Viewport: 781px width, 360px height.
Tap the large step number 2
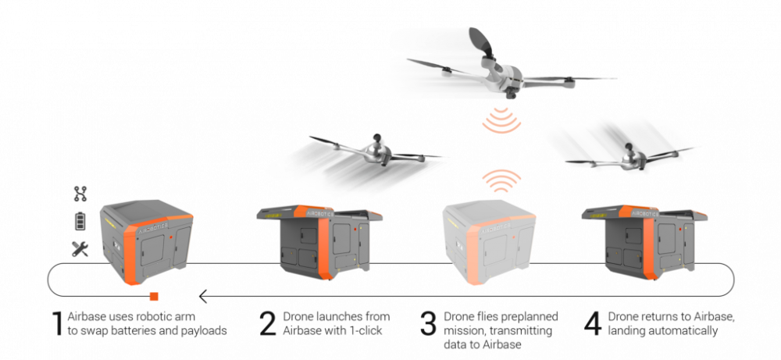[x=268, y=323]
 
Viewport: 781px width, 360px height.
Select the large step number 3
[x=428, y=323]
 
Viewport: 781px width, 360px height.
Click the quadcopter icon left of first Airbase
[x=80, y=193]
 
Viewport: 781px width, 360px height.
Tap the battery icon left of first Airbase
[x=80, y=221]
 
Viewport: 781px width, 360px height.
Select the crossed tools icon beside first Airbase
[x=80, y=249]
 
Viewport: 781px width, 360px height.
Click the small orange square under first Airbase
[x=155, y=296]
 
